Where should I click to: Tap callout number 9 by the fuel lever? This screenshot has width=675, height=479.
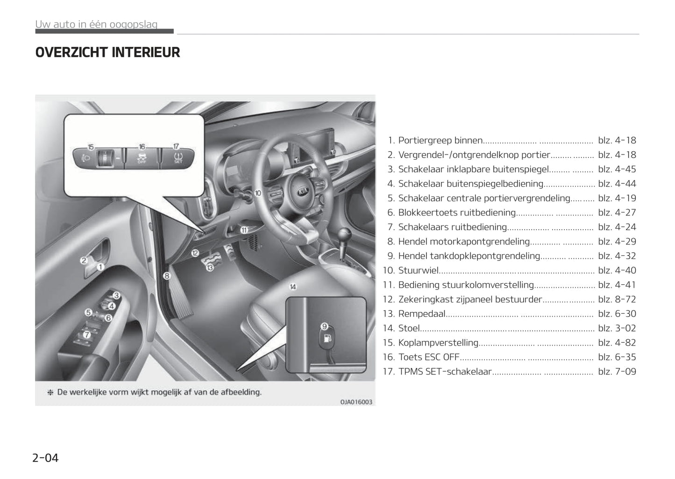point(324,326)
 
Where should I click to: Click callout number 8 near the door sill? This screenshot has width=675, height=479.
point(167,275)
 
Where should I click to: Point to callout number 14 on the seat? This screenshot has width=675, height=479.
point(293,287)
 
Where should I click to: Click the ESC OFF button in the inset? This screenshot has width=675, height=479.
point(142,157)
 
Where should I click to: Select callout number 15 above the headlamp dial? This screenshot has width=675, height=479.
point(91,147)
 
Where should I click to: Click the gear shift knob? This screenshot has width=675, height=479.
point(344,234)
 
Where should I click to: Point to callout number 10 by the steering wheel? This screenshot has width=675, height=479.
point(258,193)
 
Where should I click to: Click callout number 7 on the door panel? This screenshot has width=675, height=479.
point(87,335)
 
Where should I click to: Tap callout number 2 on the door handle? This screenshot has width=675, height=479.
point(84,261)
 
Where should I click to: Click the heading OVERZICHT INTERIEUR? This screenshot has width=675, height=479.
point(107,52)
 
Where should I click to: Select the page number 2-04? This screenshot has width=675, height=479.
point(45,458)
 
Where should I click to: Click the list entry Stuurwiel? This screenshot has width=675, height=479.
point(418,270)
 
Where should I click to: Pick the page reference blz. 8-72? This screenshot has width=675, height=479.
point(617,299)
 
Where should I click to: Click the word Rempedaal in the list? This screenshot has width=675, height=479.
point(422,314)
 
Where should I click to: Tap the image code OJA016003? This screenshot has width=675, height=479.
point(356,402)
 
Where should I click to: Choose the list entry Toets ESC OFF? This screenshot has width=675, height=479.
point(429,357)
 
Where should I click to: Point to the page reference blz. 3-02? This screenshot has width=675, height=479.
point(617,328)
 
